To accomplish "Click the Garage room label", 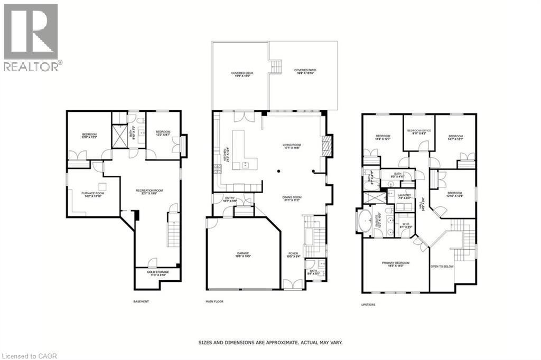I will point(243,254).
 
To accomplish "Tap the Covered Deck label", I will point(240,74).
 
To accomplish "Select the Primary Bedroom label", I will point(395,264).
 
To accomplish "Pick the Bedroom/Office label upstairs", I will point(418,132).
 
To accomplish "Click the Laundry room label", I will point(404,197).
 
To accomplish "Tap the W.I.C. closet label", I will point(406,224).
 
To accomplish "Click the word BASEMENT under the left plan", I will point(141,301).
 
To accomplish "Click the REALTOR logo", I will point(31,37).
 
